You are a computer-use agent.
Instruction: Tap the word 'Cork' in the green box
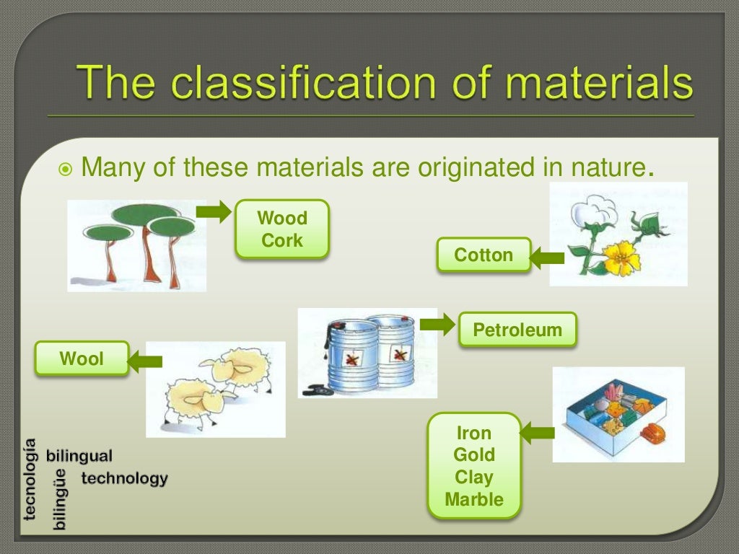(x=282, y=241)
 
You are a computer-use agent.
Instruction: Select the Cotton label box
(x=484, y=255)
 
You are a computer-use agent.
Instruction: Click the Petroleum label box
(x=517, y=330)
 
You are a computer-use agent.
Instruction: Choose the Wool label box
(x=82, y=359)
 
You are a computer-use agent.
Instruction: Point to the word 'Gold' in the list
(x=474, y=455)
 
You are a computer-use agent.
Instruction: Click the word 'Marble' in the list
(x=474, y=499)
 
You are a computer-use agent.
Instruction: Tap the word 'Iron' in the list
(x=474, y=434)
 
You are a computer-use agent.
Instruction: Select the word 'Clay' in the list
(x=474, y=478)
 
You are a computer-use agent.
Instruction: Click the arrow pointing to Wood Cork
(x=214, y=212)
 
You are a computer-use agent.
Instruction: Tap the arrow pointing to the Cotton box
(x=548, y=256)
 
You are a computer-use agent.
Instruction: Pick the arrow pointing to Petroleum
(x=437, y=325)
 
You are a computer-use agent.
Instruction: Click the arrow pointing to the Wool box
(x=145, y=360)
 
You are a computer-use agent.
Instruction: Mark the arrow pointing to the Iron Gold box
(x=537, y=433)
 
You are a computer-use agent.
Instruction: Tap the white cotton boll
(x=585, y=211)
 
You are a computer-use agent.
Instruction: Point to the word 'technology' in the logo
(x=124, y=478)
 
